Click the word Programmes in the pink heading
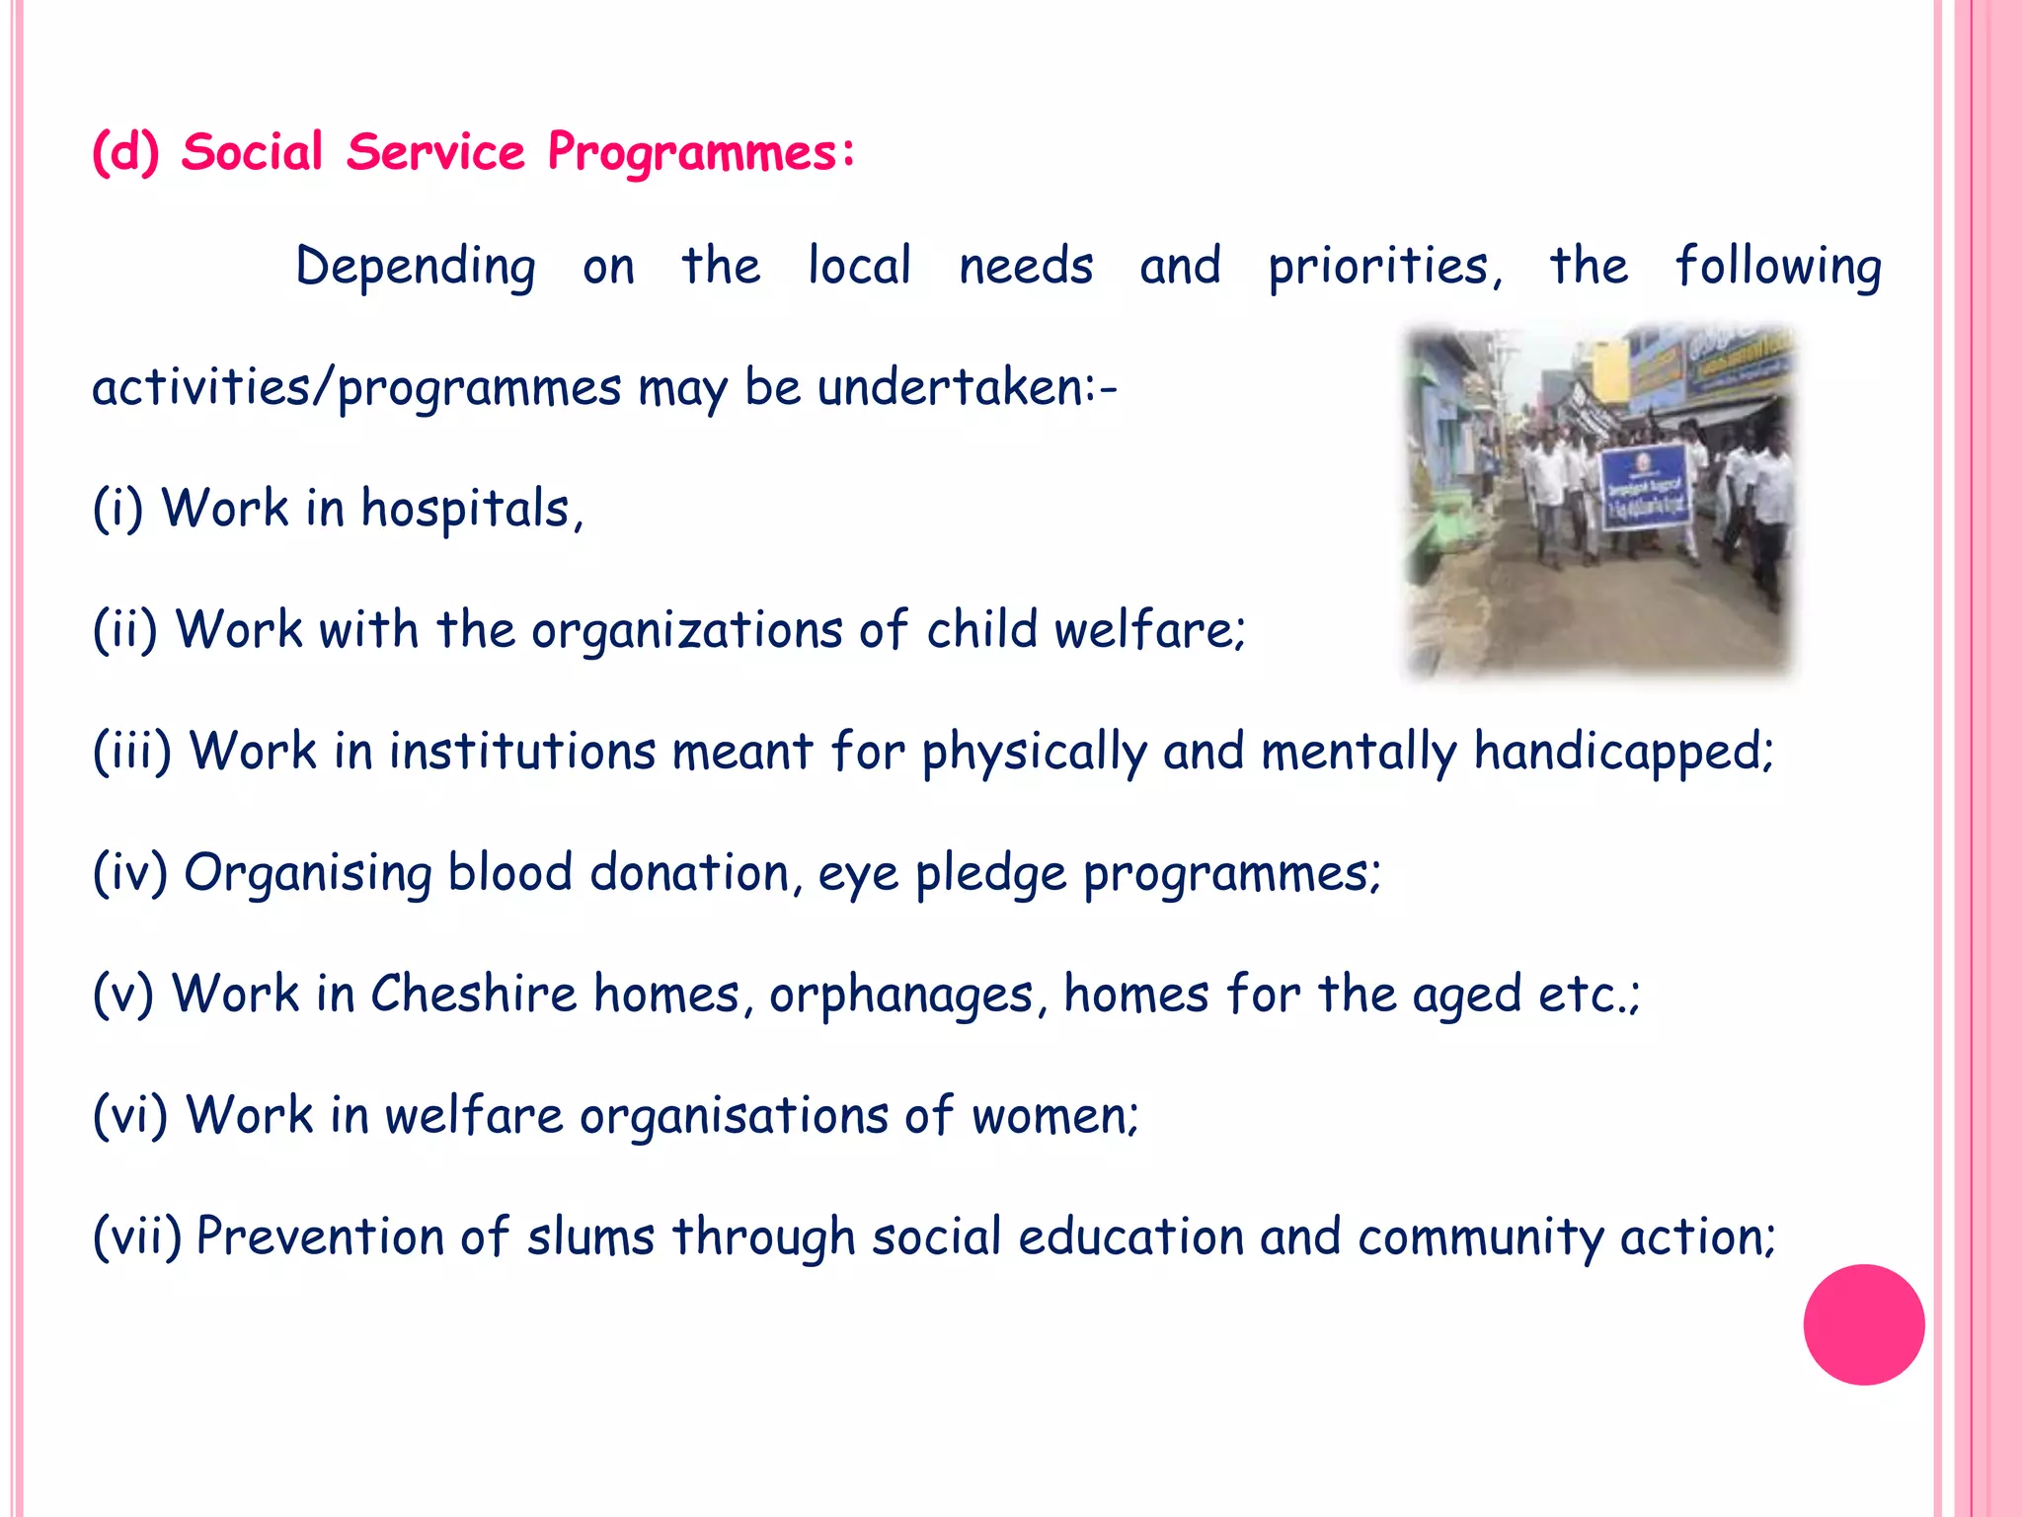point(701,154)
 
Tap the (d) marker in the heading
point(125,154)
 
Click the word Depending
point(416,268)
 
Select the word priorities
point(1384,268)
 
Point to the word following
point(1778,268)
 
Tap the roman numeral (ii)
point(125,630)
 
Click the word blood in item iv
point(509,873)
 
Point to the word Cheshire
point(473,994)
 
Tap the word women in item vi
point(1053,1116)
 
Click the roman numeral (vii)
point(137,1237)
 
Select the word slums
point(589,1237)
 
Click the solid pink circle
point(1863,1324)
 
